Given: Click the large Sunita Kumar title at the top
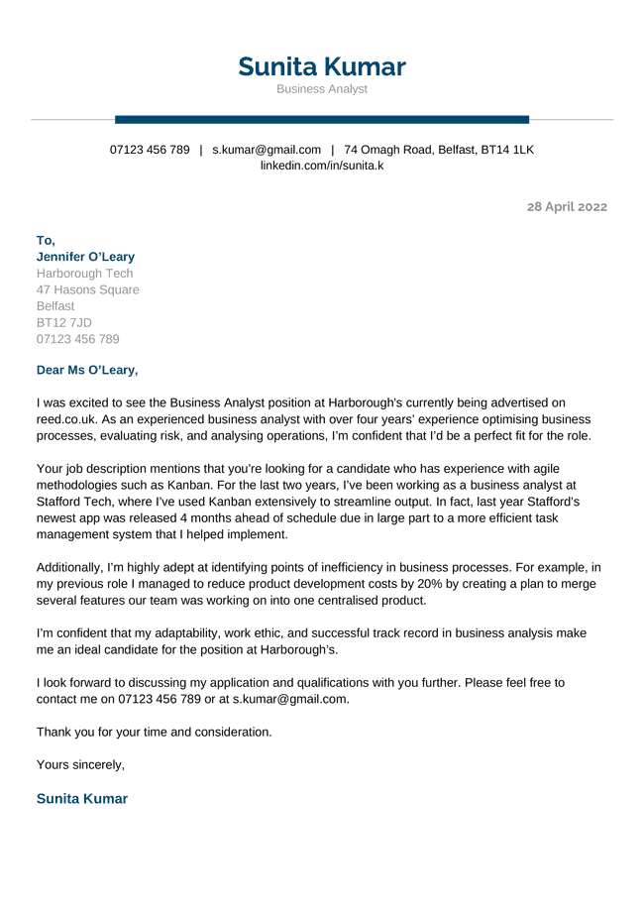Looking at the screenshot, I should pyautogui.click(x=322, y=66).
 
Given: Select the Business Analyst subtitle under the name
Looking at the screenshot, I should pyautogui.click(x=322, y=89).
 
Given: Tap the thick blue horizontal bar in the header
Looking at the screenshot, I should pyautogui.click(x=322, y=120).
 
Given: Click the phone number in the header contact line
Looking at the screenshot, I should pyautogui.click(x=150, y=150).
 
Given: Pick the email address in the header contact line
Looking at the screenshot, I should pyautogui.click(x=267, y=150).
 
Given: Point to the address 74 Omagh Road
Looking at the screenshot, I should pyautogui.click(x=439, y=150).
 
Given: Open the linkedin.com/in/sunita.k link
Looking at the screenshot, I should pyautogui.click(x=322, y=166).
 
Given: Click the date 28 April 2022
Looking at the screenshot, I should pyautogui.click(x=567, y=207).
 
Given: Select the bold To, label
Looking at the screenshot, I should pyautogui.click(x=46, y=241).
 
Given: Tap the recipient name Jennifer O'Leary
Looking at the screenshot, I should pyautogui.click(x=85, y=257).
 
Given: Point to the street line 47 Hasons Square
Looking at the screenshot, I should pyautogui.click(x=87, y=290).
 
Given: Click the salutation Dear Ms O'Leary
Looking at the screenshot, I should pyautogui.click(x=87, y=371).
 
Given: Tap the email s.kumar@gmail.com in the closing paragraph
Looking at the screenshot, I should pyautogui.click(x=291, y=699).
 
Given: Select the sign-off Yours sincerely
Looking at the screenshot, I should pyautogui.click(x=80, y=764).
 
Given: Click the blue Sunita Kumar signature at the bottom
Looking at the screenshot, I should pyautogui.click(x=82, y=798).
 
